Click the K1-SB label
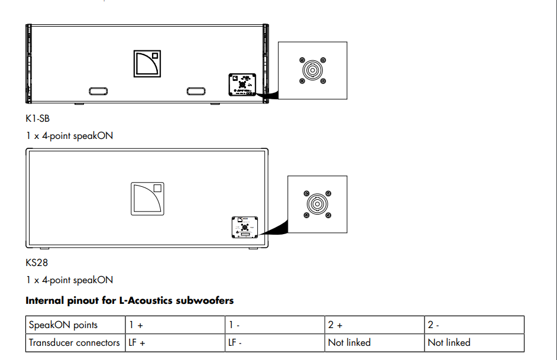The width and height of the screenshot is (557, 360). (x=34, y=119)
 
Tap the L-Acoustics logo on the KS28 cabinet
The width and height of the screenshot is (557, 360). (x=147, y=199)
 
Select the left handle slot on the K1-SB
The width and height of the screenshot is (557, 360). (x=98, y=91)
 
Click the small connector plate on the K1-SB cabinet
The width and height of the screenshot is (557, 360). (x=242, y=84)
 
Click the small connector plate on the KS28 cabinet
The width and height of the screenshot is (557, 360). (x=245, y=228)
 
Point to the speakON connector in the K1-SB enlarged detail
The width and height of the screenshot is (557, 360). (x=312, y=70)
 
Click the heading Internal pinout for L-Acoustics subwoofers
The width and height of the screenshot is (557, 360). (x=129, y=301)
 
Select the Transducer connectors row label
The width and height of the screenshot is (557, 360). (x=75, y=343)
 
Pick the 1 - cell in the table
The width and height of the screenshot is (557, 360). (x=234, y=325)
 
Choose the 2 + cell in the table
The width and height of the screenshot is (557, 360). (x=335, y=325)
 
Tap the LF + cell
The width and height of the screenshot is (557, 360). (x=138, y=343)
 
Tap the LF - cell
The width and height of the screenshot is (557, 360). (x=237, y=343)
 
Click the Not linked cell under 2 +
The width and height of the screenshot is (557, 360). (x=349, y=343)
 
